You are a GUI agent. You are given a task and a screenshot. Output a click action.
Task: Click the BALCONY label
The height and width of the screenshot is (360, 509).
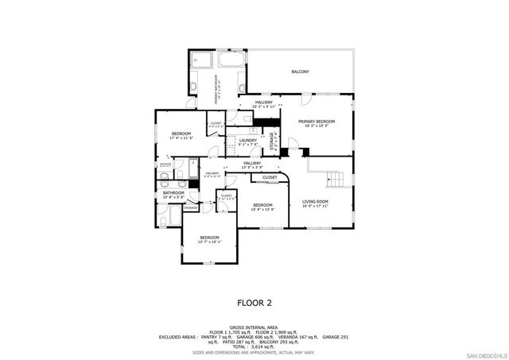300,72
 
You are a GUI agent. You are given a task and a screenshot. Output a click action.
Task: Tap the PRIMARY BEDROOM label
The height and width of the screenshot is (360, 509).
317,122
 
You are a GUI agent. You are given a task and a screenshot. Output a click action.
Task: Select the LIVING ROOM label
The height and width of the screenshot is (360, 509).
315,202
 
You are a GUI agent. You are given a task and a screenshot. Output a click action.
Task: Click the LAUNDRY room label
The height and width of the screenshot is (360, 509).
247,141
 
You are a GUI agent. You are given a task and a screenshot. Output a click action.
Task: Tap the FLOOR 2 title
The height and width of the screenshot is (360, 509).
254,302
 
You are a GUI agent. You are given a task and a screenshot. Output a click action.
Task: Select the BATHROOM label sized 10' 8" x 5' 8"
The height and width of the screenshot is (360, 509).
173,193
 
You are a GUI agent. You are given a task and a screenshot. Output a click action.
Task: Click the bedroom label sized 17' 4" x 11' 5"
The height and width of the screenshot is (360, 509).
182,134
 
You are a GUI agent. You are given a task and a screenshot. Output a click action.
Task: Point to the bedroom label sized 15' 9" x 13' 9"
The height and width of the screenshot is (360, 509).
262,205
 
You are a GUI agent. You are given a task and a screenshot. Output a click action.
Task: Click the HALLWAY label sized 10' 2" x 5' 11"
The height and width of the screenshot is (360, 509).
264,103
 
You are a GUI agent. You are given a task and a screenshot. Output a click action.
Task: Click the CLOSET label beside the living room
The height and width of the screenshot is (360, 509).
270,177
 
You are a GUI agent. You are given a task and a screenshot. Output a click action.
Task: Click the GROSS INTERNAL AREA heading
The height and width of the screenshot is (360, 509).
254,327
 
